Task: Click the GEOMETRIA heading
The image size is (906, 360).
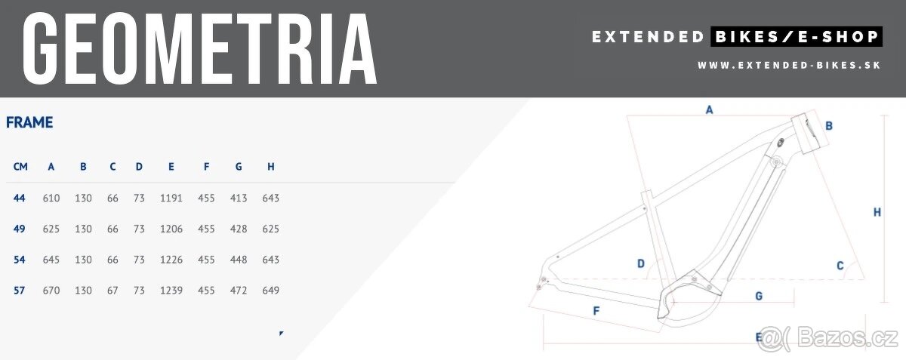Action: (200, 48)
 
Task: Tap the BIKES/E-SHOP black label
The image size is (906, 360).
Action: (797, 37)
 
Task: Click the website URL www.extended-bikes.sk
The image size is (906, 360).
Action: (789, 66)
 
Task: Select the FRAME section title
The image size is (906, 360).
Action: (29, 122)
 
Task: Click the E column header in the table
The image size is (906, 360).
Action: (171, 167)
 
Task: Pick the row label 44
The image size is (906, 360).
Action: (19, 198)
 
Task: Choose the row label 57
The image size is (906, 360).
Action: (19, 291)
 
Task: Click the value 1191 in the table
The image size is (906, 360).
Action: (171, 198)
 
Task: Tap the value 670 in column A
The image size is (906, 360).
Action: (51, 291)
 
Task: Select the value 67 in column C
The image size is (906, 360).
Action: (112, 291)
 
